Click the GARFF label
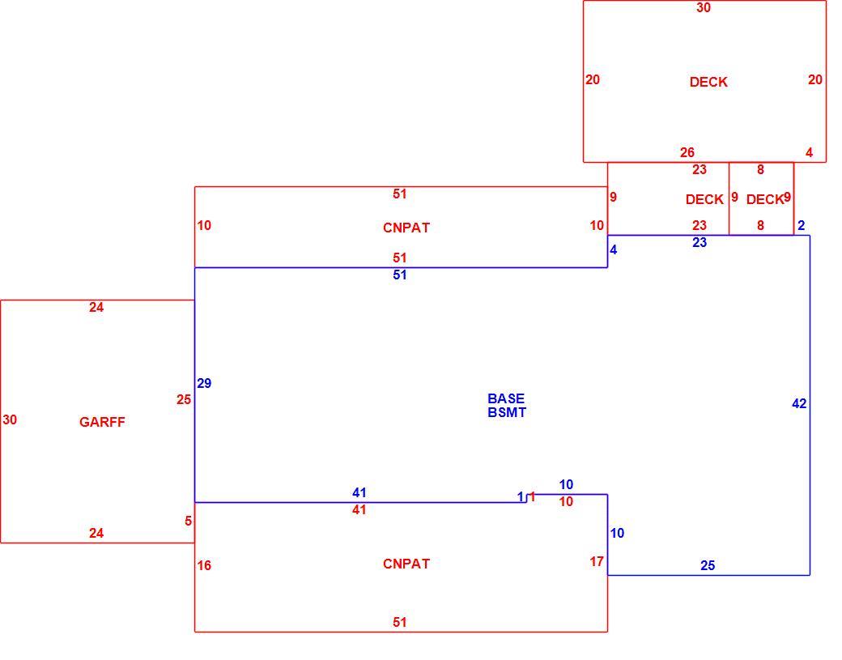102,422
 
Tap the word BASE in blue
506,398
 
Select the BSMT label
507,412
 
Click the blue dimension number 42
799,404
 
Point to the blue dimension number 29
204,383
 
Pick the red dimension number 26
687,152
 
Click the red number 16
204,565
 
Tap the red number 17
597,562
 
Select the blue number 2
802,226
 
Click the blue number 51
399,275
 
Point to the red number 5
188,521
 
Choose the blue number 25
708,565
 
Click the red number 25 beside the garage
184,399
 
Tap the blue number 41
359,492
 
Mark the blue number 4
613,249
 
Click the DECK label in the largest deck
708,82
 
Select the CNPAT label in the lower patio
406,564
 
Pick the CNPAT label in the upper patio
406,228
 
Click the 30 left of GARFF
10,420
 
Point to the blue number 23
700,243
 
